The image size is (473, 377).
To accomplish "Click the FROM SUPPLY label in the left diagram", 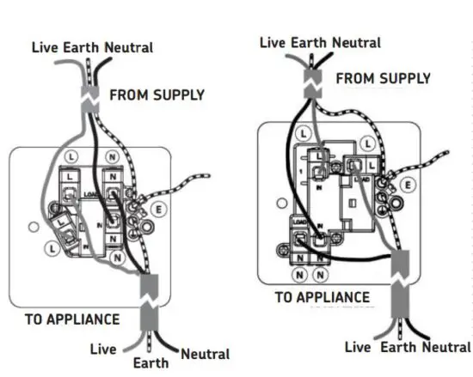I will pyautogui.click(x=157, y=94).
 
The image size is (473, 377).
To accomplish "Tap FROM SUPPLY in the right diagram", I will pyautogui.click(x=383, y=78).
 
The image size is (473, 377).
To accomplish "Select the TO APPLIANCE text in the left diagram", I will pyautogui.click(x=72, y=319).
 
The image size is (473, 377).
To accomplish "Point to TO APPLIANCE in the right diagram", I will pyautogui.click(x=322, y=297).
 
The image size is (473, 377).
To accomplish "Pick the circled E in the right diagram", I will pyautogui.click(x=408, y=185).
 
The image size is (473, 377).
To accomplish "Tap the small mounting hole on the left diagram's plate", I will pyautogui.click(x=32, y=228).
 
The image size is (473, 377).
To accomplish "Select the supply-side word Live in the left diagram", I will pyautogui.click(x=45, y=48).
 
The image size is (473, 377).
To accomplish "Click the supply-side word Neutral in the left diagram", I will pyautogui.click(x=128, y=48).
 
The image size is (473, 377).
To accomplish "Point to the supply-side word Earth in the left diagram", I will pyautogui.click(x=83, y=48).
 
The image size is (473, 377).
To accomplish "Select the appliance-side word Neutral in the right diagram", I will pyautogui.click(x=445, y=347).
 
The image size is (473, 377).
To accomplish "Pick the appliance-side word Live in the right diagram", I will pyautogui.click(x=358, y=347).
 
